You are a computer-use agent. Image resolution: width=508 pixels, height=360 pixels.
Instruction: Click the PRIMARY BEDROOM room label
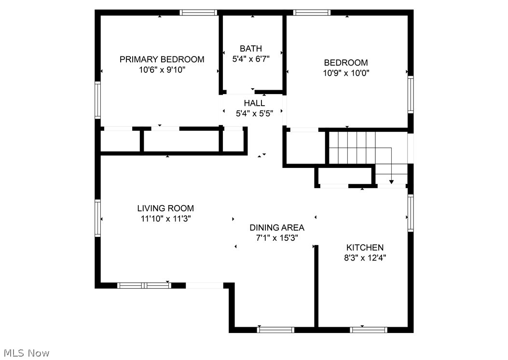click(162, 59)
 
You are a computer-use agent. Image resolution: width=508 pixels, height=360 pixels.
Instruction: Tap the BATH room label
click(251, 48)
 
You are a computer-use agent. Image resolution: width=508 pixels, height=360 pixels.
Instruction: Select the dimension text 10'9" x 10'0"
click(346, 73)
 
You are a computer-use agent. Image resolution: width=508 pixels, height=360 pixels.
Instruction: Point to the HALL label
click(254, 103)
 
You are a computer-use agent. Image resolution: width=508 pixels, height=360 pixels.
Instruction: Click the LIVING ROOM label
click(165, 208)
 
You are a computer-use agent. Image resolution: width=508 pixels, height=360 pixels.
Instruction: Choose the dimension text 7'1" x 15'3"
click(276, 238)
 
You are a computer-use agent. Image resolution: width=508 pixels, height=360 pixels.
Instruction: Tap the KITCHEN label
click(365, 248)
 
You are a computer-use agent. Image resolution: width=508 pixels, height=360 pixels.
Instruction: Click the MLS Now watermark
click(25, 353)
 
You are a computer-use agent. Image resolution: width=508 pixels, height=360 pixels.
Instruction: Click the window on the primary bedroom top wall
click(198, 13)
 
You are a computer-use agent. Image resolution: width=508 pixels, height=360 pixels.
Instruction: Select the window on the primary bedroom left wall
click(97, 100)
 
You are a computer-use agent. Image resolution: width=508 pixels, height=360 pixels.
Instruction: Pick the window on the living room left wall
click(97, 218)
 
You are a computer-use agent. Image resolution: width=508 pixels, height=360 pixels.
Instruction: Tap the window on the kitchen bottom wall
click(369, 330)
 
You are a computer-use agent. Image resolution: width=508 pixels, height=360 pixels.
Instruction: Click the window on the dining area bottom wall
click(276, 330)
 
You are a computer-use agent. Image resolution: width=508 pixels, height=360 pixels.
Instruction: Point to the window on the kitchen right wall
click(411, 212)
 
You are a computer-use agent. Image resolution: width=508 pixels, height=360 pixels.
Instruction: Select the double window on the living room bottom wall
click(145, 285)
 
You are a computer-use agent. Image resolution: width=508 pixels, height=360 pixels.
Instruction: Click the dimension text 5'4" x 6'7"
click(251, 59)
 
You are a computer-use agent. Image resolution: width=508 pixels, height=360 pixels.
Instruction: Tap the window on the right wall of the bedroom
click(411, 95)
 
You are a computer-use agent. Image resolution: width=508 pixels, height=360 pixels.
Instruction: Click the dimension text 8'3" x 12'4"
click(365, 258)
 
